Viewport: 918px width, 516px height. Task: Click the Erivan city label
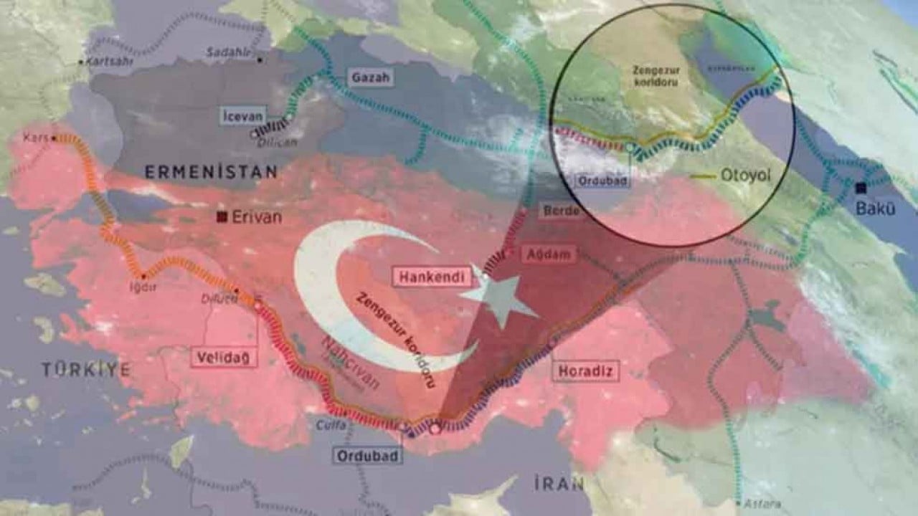click(x=257, y=216)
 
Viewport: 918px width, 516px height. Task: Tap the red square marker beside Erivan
click(x=223, y=216)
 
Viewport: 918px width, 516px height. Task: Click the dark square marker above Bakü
click(x=861, y=188)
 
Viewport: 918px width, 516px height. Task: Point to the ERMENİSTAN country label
click(x=211, y=172)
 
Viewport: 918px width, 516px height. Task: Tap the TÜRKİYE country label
click(x=86, y=370)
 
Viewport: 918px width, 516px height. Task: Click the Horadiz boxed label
click(x=586, y=371)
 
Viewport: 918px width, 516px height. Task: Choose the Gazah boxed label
click(x=372, y=77)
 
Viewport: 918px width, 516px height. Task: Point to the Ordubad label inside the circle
click(x=602, y=181)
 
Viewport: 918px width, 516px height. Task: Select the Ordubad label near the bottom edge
click(x=367, y=456)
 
